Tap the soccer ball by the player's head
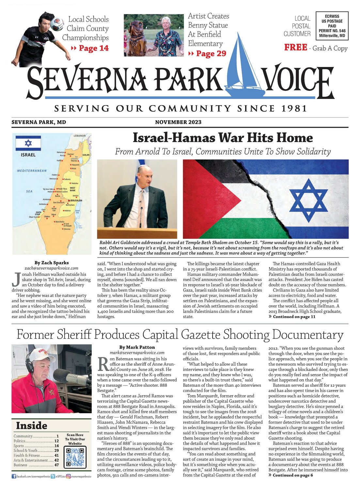pyautogui.click(x=57, y=24)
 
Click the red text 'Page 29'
pyautogui.click(x=211, y=54)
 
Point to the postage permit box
pyautogui.click(x=332, y=26)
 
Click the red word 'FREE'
pyautogui.click(x=295, y=48)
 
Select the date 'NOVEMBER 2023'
pyautogui.click(x=178, y=122)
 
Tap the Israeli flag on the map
pyautogui.click(x=28, y=143)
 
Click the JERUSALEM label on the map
pyautogui.click(x=76, y=200)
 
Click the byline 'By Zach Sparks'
pyautogui.click(x=52, y=263)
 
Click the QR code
pyautogui.click(x=75, y=457)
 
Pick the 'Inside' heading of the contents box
pyautogui.click(x=32, y=426)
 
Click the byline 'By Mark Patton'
pyautogui.click(x=137, y=347)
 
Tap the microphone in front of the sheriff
pyautogui.click(x=70, y=377)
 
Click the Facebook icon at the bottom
pyautogui.click(x=14, y=477)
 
